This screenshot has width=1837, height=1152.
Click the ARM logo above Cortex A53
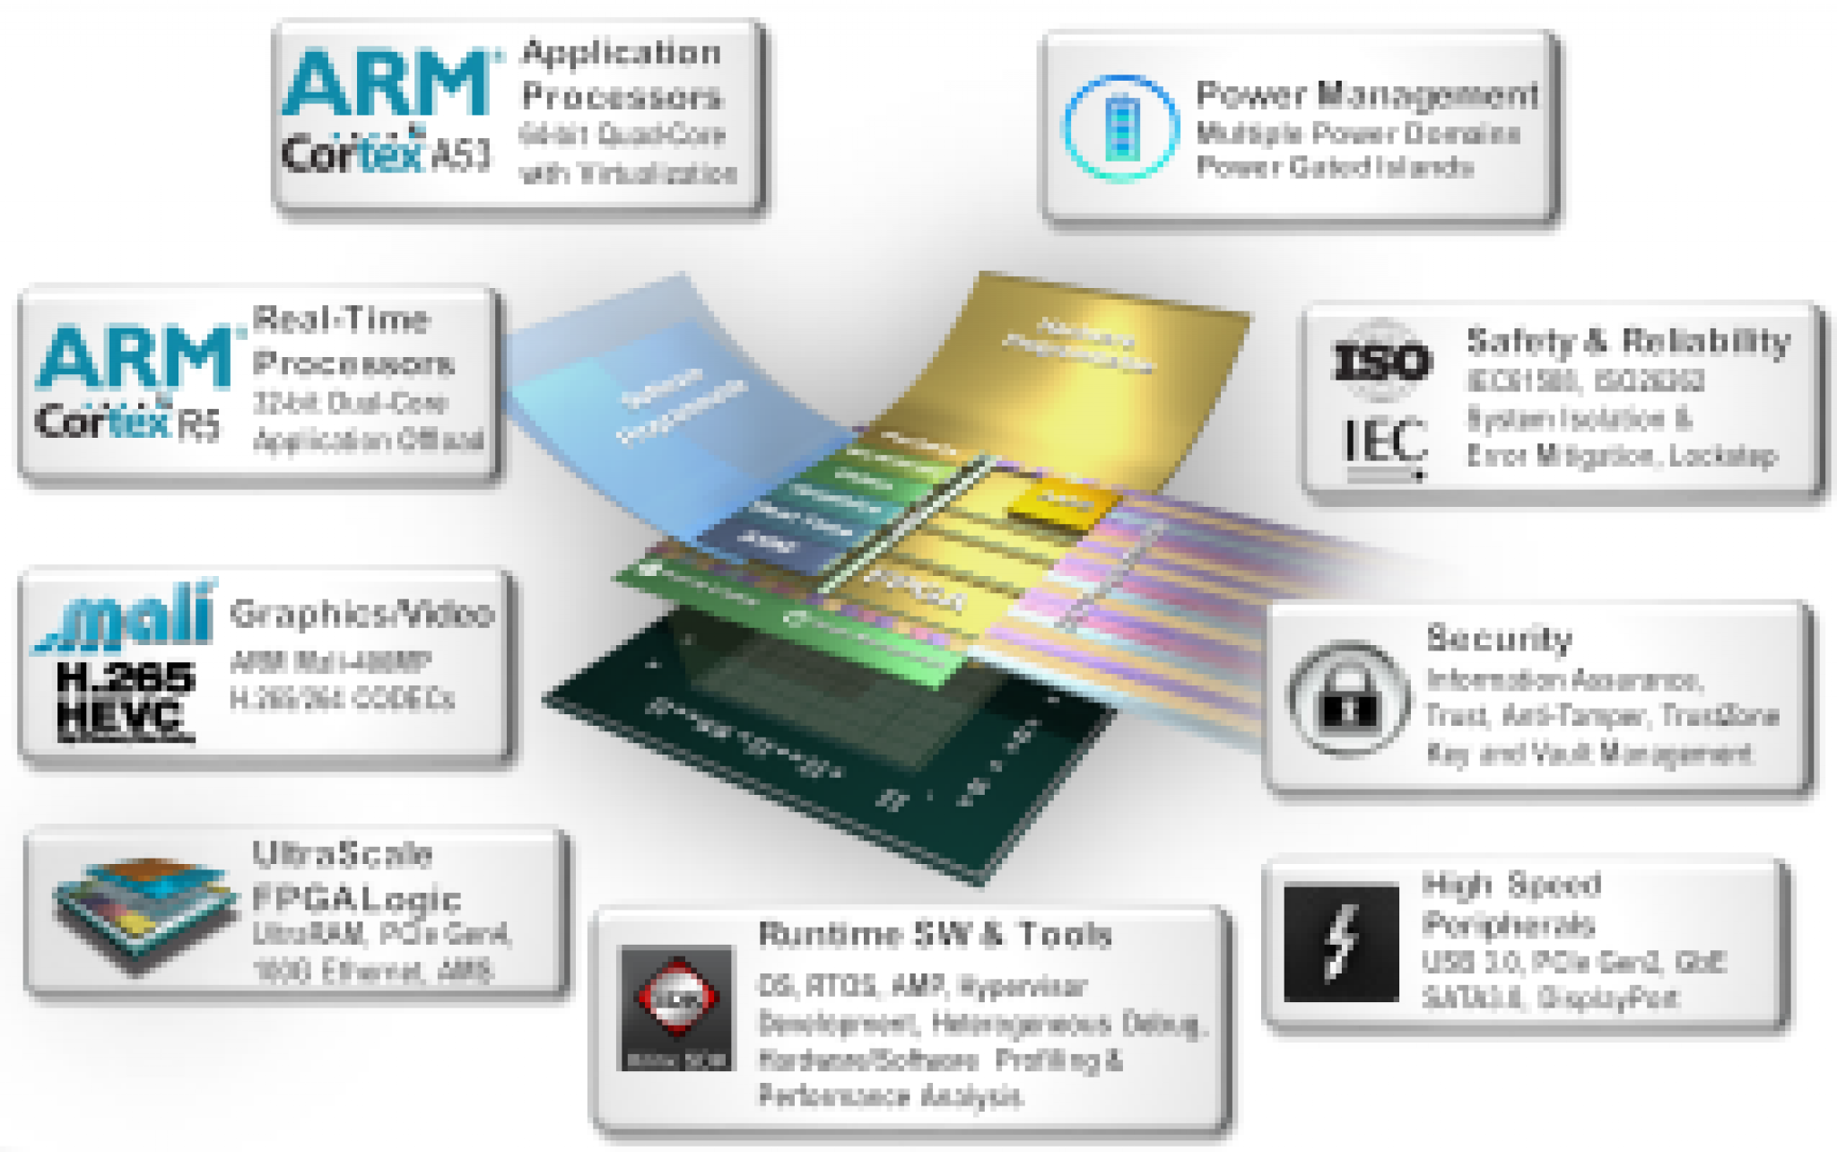click(x=387, y=83)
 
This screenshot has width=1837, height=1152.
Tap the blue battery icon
click(x=1120, y=128)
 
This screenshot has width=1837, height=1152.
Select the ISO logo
click(x=1381, y=362)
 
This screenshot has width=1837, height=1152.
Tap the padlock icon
click(x=1347, y=699)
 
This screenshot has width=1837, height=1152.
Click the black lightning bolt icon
click(x=1341, y=942)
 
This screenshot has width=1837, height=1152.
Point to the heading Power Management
click(x=1367, y=94)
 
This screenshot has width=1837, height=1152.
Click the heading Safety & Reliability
click(x=1628, y=342)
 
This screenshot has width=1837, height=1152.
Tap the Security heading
click(x=1499, y=638)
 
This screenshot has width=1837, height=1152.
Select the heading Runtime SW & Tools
click(x=935, y=935)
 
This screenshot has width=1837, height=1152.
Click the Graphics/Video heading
click(x=361, y=614)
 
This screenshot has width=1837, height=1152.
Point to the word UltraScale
click(x=342, y=853)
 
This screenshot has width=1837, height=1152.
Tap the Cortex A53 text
click(x=386, y=153)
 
